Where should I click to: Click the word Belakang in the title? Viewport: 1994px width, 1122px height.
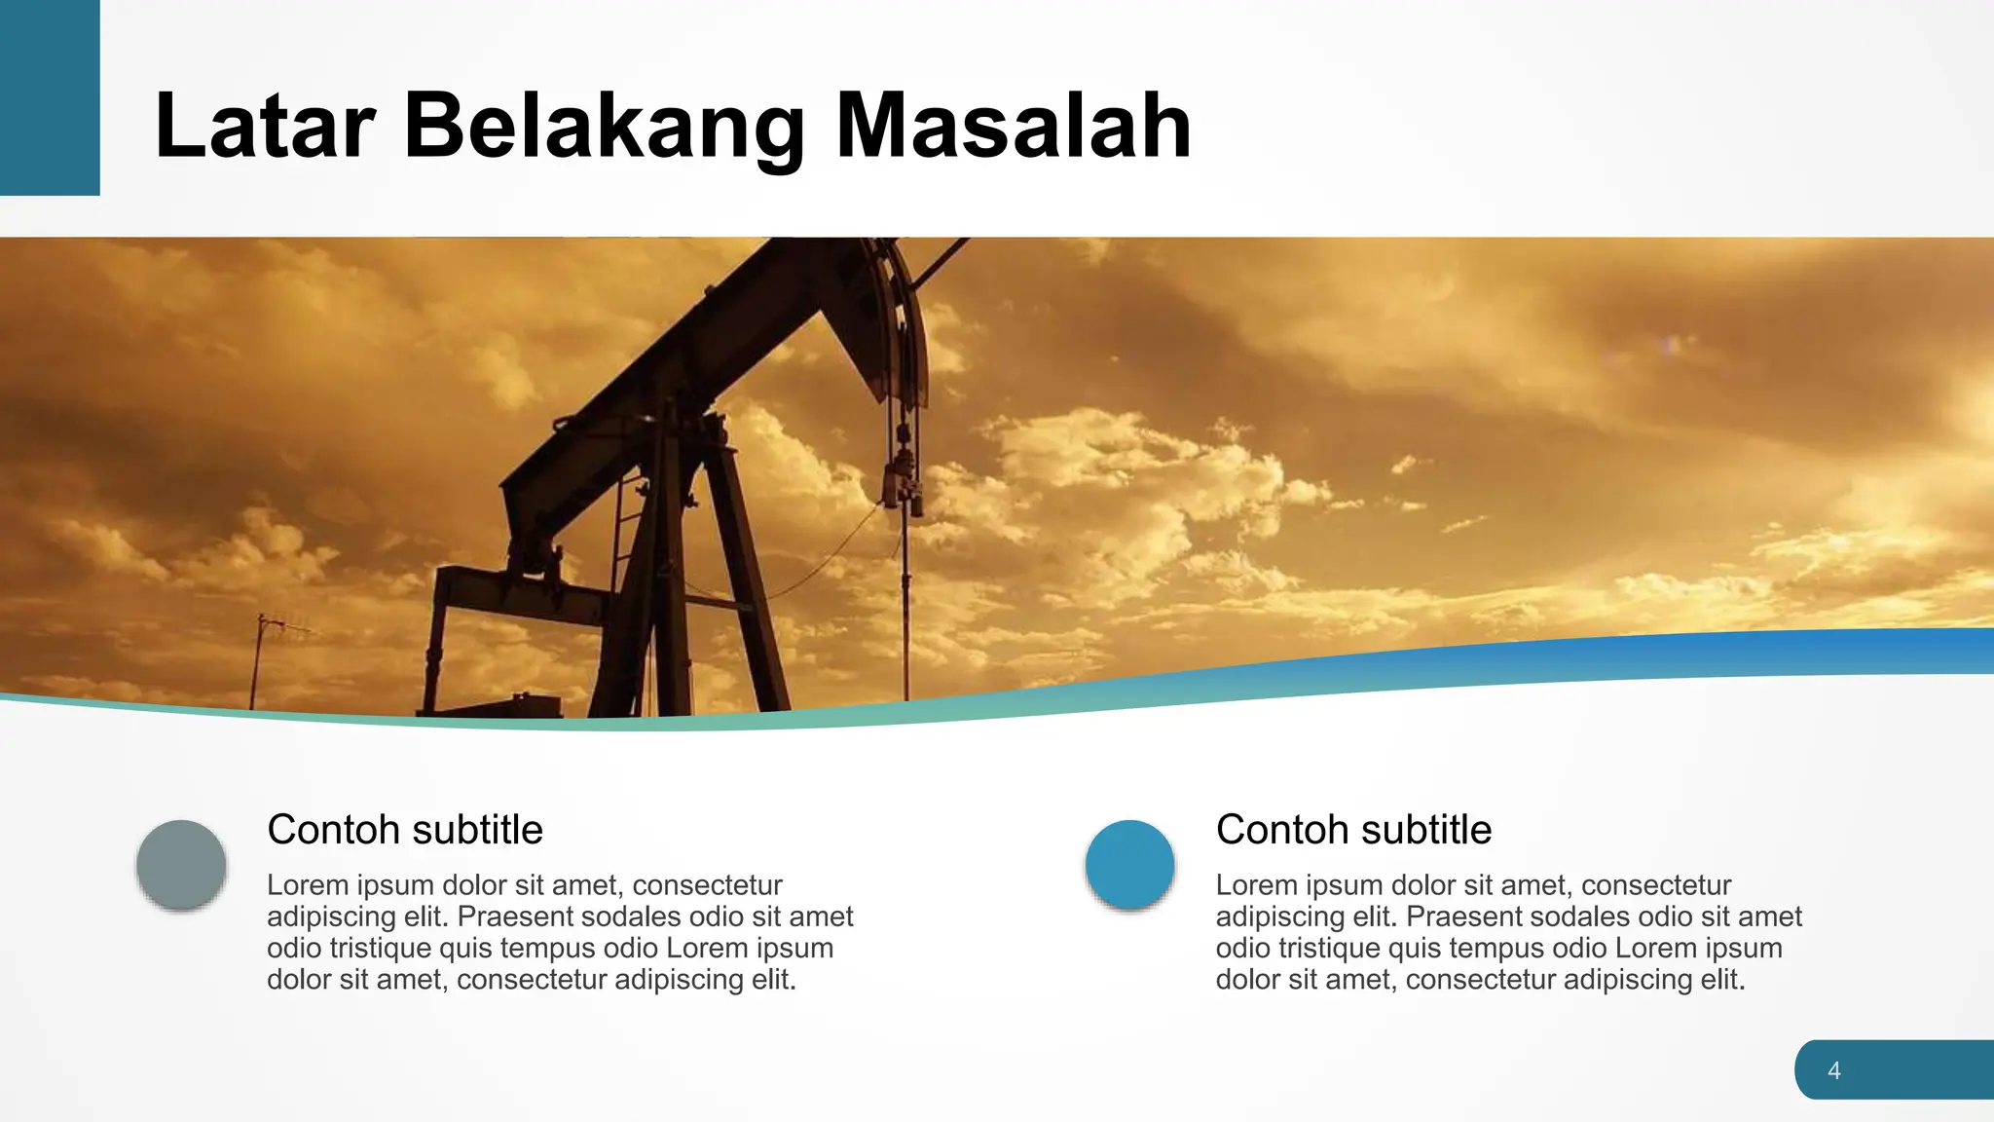coord(604,126)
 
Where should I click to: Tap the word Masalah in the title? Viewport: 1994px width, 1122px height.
coord(1014,126)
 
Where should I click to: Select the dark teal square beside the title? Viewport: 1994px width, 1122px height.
coord(50,97)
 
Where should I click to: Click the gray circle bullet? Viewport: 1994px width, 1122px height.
coord(181,864)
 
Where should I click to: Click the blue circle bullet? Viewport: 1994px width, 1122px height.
coord(1129,864)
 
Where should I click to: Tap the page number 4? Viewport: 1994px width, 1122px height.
coord(1834,1070)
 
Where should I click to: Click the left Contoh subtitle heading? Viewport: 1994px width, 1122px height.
coord(404,830)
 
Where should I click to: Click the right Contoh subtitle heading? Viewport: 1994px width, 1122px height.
coord(1353,830)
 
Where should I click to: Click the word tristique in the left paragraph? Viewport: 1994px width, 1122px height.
coord(369,948)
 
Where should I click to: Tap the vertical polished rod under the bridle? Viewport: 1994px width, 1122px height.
coord(905,604)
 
